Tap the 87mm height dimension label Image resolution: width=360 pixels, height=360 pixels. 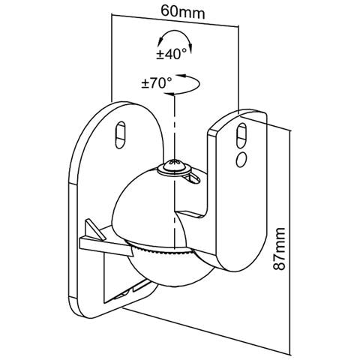[x=279, y=249]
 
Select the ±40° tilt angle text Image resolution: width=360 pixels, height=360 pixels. [x=172, y=54]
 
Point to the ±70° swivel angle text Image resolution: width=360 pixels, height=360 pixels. [x=157, y=83]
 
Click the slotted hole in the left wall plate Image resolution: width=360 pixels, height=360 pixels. [x=121, y=135]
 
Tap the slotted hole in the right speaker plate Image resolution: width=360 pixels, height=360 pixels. [x=241, y=135]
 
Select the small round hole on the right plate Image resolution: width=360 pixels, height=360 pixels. [x=241, y=159]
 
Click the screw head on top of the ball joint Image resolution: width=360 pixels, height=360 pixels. [x=175, y=166]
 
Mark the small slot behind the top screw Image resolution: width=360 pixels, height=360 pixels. [x=193, y=178]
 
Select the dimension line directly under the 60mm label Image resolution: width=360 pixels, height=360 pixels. [x=175, y=20]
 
